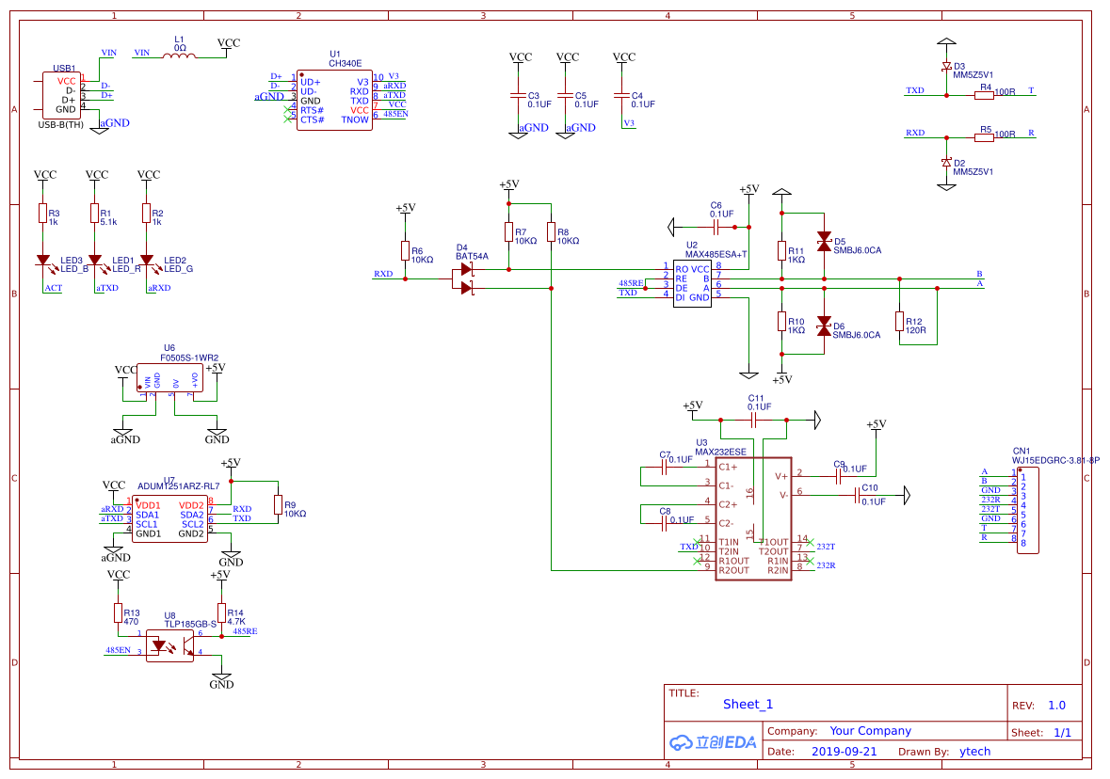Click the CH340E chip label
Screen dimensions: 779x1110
[x=345, y=63]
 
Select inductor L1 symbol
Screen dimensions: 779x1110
[x=179, y=56]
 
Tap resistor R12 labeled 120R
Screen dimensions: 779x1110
[x=899, y=322]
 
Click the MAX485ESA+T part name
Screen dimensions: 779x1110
[x=716, y=254]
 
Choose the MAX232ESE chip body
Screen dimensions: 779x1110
[x=753, y=518]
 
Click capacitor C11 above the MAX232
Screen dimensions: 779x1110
[x=754, y=421]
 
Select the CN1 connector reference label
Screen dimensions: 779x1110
[x=1021, y=451]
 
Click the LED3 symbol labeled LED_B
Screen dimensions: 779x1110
[x=42, y=261]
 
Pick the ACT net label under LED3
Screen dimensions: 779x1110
[x=53, y=288]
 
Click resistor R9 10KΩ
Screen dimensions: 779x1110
[x=278, y=505]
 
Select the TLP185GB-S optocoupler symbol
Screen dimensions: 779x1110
[x=169, y=646]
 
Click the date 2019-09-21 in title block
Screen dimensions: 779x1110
[x=844, y=752]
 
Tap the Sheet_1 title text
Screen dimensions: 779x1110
[x=748, y=704]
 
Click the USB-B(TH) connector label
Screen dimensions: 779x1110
[x=60, y=124]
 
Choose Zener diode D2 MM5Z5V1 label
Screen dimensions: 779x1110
[x=973, y=172]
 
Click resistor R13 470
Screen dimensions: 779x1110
[x=119, y=613]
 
